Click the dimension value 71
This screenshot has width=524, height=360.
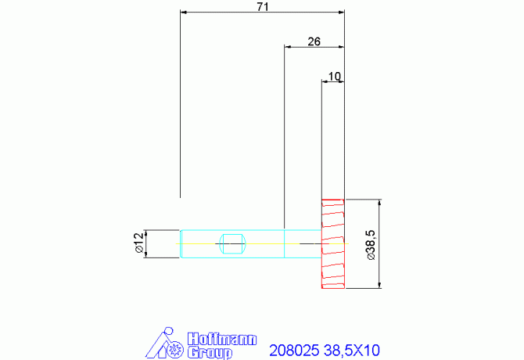click(x=263, y=7)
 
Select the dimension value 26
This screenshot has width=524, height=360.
click(x=314, y=41)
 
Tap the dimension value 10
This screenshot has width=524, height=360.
click(x=335, y=77)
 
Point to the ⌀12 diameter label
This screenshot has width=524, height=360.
click(x=138, y=243)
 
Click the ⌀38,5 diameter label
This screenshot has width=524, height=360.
click(x=371, y=245)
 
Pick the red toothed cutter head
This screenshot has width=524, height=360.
click(x=333, y=243)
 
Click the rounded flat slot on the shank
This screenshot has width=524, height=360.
click(x=232, y=243)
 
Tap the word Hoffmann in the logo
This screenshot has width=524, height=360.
click(x=222, y=339)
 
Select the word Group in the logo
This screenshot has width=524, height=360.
click(x=210, y=353)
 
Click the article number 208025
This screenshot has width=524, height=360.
click(x=294, y=351)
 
